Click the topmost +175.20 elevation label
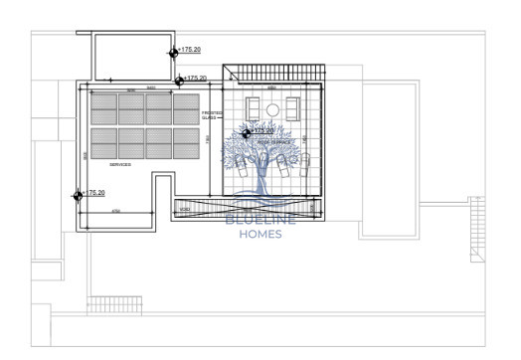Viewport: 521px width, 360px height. point(189,50)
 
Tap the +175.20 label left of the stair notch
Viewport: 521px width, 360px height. point(194,78)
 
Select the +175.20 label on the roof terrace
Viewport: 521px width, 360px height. point(263,130)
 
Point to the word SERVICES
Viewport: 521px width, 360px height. point(120,165)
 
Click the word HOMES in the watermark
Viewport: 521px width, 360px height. point(260,235)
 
